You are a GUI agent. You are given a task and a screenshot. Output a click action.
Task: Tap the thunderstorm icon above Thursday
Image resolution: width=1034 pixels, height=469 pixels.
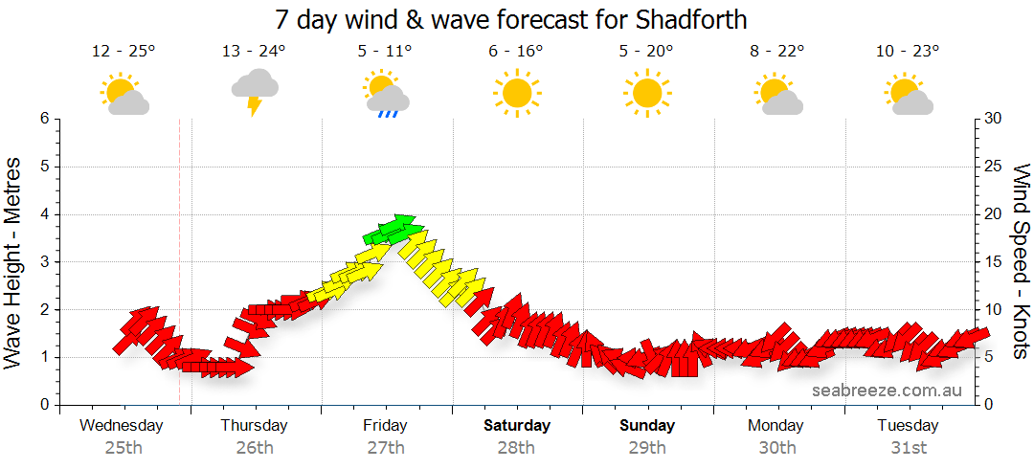pos(255,91)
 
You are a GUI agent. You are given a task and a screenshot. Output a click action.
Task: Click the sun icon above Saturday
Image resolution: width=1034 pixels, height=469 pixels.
pos(516,93)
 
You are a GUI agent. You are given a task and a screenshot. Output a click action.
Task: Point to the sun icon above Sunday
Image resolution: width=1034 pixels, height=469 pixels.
pos(646,93)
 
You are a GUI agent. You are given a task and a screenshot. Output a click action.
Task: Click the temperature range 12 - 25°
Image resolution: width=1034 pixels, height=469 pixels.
pos(124,52)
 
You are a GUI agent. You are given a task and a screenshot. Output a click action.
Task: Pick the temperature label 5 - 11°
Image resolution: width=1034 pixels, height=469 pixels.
pos(385,52)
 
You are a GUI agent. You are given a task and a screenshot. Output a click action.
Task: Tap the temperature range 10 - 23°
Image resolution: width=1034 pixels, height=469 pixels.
pos(908,52)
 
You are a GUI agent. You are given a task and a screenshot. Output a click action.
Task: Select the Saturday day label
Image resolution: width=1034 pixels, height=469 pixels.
pos(517,426)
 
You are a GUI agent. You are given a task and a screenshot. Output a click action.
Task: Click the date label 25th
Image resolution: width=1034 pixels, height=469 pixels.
pos(124,447)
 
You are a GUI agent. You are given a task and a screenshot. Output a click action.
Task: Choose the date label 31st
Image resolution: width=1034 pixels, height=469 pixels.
pos(908,447)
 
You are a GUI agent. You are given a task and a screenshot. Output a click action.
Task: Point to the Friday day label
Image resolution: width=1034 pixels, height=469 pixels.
pos(385,426)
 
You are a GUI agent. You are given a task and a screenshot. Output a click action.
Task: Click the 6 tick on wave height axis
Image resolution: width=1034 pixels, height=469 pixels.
pos(44,119)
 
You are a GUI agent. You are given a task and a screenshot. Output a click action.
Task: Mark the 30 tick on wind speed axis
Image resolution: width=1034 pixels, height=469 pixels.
pos(993,119)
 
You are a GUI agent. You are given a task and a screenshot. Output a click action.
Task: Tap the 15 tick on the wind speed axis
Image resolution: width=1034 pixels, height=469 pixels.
pos(993,262)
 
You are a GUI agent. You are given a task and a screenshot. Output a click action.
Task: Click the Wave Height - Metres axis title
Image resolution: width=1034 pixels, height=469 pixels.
pos(13,261)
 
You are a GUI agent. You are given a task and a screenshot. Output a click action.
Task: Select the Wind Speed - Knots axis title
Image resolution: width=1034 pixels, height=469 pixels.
pos(1020,261)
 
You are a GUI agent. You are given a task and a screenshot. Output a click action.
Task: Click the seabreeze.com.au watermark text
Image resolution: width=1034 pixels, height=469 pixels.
pos(887,390)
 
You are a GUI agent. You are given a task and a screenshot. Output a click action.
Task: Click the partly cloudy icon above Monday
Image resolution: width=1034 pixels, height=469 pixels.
pos(777,94)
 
